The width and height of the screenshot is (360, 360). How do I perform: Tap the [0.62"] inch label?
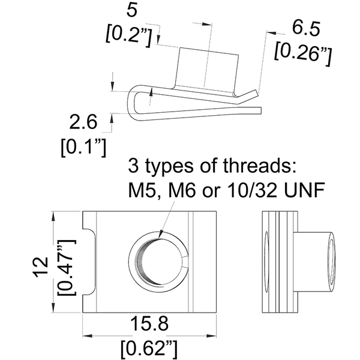point(149,346)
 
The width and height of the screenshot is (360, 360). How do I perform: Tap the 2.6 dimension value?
point(83,123)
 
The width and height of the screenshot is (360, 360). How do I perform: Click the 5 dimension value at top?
point(131,10)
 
